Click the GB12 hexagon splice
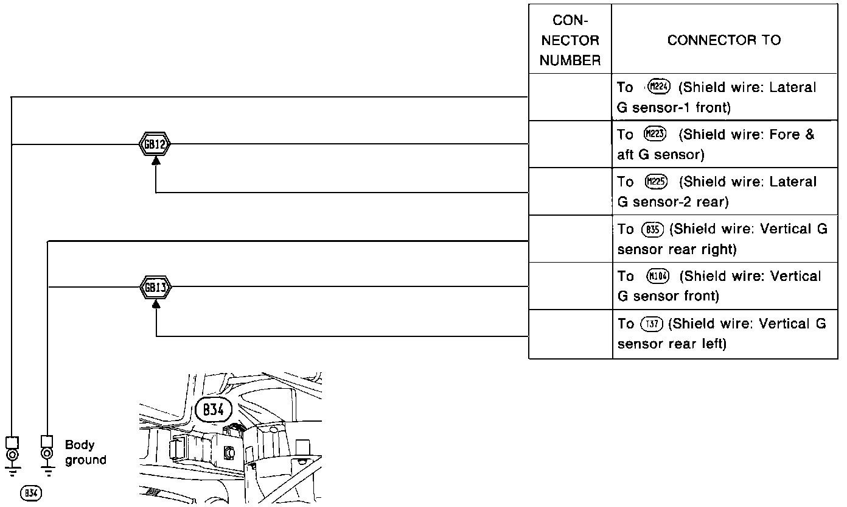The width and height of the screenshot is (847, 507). pos(156,144)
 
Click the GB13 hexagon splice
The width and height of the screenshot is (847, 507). pos(156,286)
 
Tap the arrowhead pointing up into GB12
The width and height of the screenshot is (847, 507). pos(156,160)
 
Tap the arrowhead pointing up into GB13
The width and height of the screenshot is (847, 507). pos(156,302)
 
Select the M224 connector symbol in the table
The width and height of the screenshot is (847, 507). pos(659,87)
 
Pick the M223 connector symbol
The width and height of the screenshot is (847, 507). pos(655,134)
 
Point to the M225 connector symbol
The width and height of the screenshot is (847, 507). pos(655,182)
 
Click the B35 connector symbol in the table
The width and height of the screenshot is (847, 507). pos(652,229)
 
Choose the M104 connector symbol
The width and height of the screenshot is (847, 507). pos(658,276)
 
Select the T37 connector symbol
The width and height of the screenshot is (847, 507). pos(651,324)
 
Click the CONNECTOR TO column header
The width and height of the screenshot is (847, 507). pos(724,40)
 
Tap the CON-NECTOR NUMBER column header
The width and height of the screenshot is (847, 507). pos(570,40)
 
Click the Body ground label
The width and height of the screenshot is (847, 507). pos(85,452)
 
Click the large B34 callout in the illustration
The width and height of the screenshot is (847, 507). pos(213,410)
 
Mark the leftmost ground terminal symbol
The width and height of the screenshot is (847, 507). pos(12,455)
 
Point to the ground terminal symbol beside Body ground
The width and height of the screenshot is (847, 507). pos(46,455)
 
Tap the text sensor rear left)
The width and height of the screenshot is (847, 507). pos(672,344)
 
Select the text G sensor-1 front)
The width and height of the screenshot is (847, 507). pos(674,108)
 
